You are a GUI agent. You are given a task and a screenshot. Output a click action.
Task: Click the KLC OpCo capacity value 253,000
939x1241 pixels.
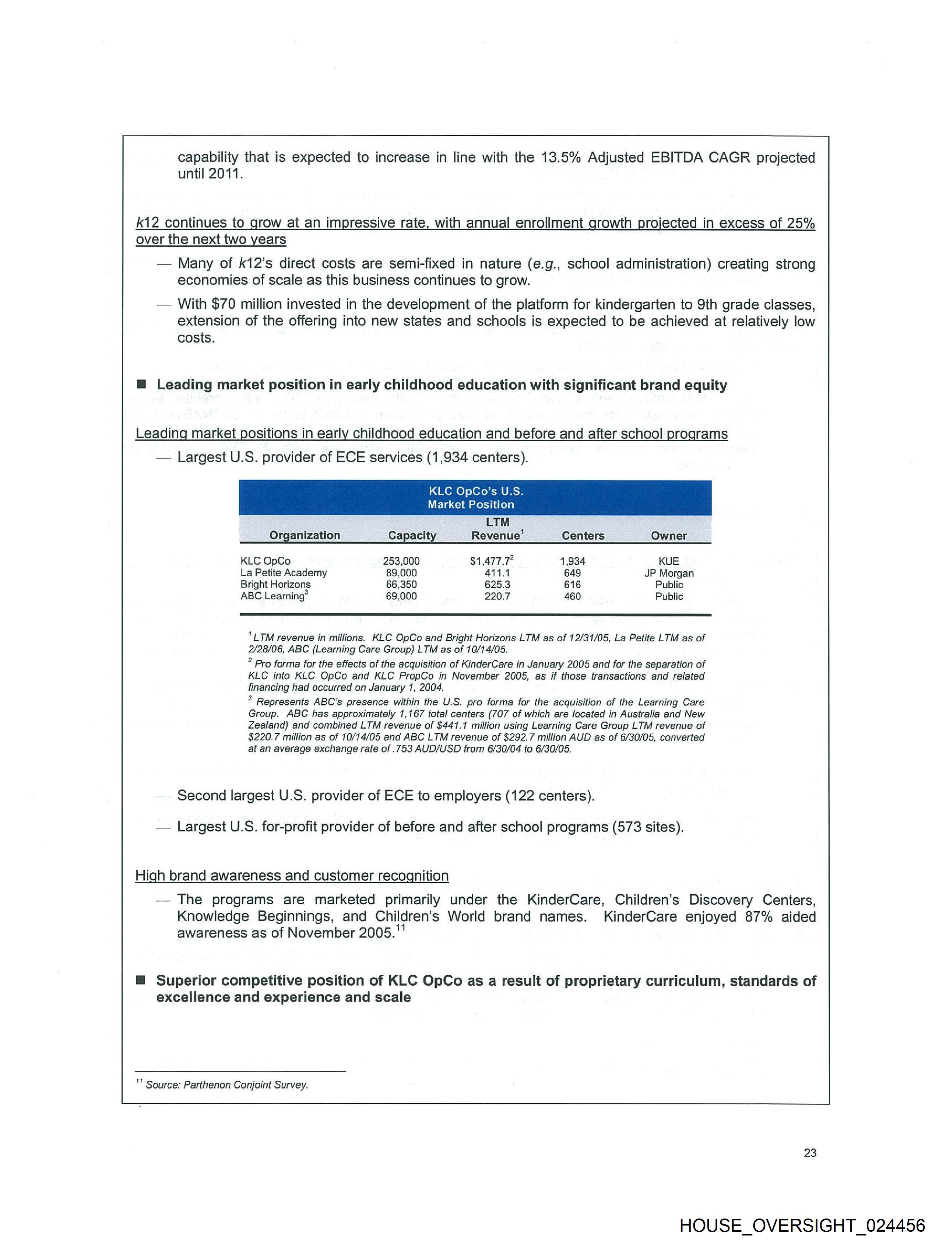pyautogui.click(x=401, y=561)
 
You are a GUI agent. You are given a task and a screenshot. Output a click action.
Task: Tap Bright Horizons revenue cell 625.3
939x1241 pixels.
pyautogui.click(x=497, y=585)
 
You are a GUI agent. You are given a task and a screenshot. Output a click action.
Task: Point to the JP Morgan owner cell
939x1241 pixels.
pyautogui.click(x=669, y=573)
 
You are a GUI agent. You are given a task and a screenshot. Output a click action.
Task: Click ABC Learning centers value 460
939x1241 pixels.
pyautogui.click(x=572, y=596)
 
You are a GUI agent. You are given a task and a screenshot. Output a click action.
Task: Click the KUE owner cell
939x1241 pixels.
pyautogui.click(x=669, y=561)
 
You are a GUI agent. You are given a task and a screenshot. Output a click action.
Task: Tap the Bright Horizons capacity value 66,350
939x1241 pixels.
pyautogui.click(x=401, y=585)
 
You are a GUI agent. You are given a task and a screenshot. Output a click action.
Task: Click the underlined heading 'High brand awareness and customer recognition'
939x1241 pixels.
pyautogui.click(x=292, y=876)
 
